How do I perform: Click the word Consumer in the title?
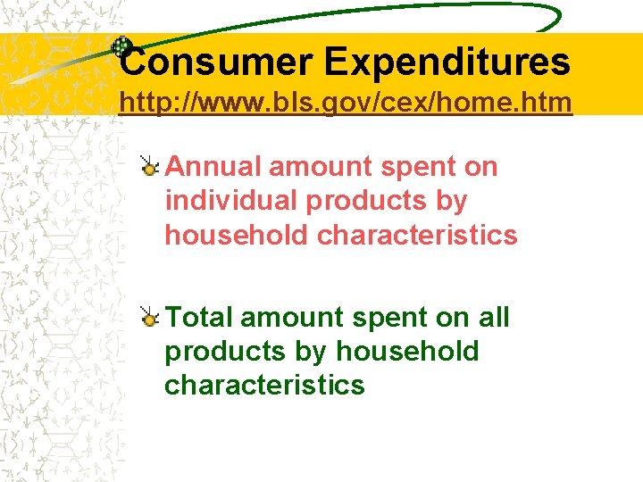point(214,62)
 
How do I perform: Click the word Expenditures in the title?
point(447,62)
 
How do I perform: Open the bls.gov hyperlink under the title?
point(346,104)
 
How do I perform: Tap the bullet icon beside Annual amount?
point(150,165)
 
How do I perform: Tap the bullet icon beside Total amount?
point(150,316)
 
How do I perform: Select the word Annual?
point(213,167)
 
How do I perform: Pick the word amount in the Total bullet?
point(290,317)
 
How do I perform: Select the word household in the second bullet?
point(408,351)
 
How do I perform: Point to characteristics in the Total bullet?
point(264,385)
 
